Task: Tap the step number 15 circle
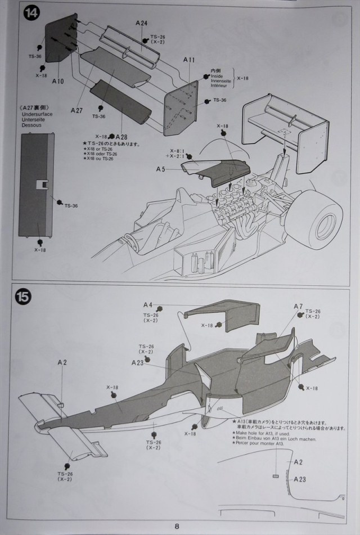(x=23, y=297)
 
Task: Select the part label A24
(x=141, y=23)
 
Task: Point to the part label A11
(x=189, y=60)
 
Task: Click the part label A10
(x=58, y=81)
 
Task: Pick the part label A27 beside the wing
(x=77, y=110)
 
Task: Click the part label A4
(x=148, y=304)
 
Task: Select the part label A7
(x=298, y=306)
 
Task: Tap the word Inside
(x=217, y=76)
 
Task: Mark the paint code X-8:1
(x=177, y=150)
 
